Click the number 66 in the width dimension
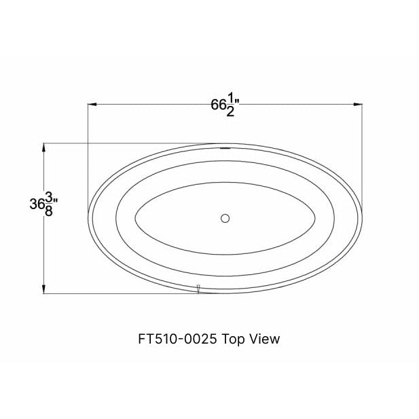coord(218,106)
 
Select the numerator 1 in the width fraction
coord(230,100)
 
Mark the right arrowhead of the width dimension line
coord(357,104)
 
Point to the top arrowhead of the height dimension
coord(44,147)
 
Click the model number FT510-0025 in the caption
coord(179,338)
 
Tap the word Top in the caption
coord(234,338)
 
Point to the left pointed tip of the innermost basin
coord(136,218)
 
